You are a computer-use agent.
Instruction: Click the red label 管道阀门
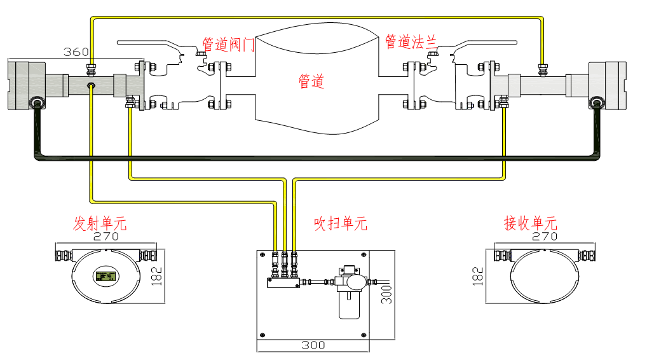228,45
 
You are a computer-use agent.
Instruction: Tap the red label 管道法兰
411,42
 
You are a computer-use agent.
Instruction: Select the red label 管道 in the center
311,81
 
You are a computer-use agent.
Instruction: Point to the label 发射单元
100,223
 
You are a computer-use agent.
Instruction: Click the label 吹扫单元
341,223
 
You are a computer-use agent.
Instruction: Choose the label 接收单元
530,223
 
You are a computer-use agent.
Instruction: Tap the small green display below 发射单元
106,276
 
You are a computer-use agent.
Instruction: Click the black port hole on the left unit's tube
91,84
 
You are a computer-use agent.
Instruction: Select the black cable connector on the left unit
37,104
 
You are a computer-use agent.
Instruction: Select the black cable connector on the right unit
597,104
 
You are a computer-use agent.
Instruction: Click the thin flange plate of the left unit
141,85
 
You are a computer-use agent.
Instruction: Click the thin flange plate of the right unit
493,85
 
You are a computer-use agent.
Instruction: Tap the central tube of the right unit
543,85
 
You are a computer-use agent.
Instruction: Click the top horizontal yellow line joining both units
318,18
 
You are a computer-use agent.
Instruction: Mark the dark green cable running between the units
318,156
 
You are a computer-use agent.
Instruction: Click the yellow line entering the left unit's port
92,140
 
